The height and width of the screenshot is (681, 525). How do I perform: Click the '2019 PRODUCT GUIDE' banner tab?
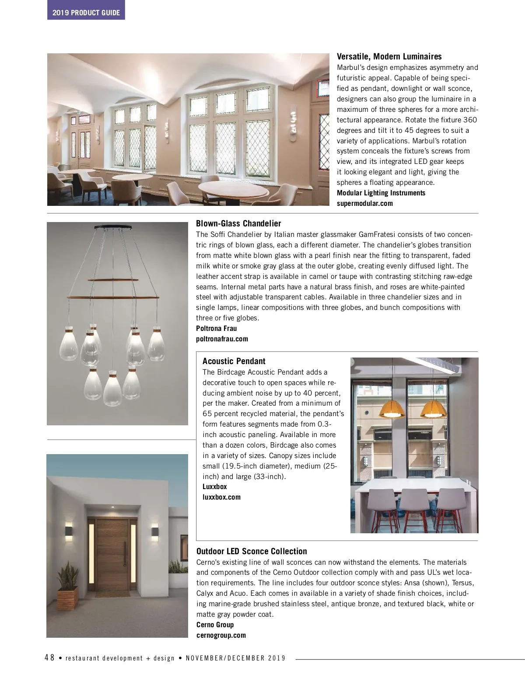[x=86, y=13]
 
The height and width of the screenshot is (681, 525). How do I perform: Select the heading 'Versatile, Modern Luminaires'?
[x=389, y=57]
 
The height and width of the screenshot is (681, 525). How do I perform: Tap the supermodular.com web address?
[x=364, y=203]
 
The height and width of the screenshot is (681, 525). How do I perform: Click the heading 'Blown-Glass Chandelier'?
[x=238, y=224]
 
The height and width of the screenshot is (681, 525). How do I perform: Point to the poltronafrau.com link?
[x=222, y=339]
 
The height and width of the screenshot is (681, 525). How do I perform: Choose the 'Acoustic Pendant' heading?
[x=234, y=361]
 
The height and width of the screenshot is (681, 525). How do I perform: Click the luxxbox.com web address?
[x=221, y=497]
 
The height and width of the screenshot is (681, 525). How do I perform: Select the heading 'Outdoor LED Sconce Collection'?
[x=252, y=551]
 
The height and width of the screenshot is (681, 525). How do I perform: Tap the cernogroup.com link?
[x=221, y=635]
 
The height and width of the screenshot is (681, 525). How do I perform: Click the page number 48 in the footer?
[x=49, y=657]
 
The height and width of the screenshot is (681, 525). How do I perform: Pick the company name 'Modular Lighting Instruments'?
[x=381, y=193]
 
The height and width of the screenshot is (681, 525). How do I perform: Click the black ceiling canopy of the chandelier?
[x=113, y=226]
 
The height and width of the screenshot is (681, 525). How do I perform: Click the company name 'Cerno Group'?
[x=215, y=625]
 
